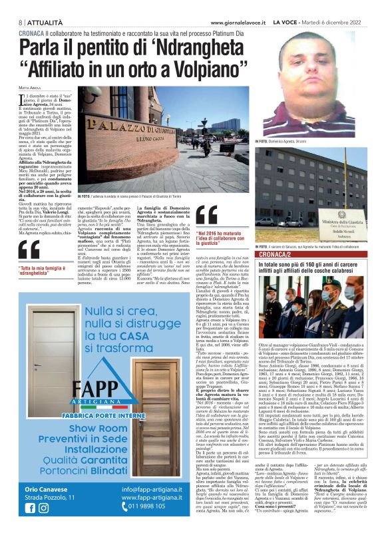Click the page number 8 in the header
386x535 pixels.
[x=13, y=22]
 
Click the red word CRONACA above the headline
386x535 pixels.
[x=31, y=33]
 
